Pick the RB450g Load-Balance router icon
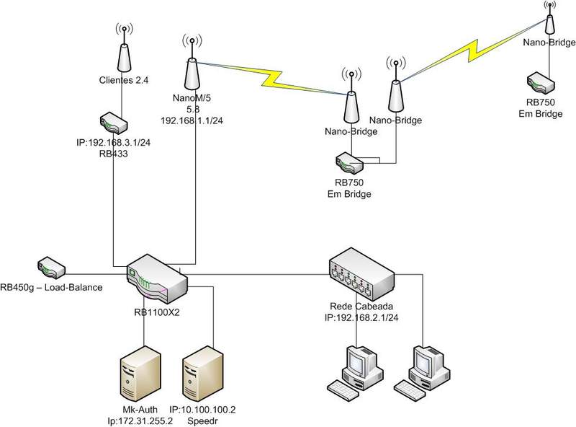[x=53, y=268]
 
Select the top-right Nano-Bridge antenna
[x=549, y=21]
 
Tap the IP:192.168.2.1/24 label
[x=363, y=315]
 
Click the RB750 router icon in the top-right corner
[x=539, y=80]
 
